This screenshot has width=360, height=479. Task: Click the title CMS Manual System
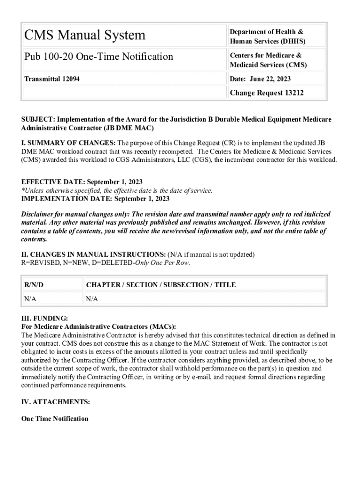tap(85, 35)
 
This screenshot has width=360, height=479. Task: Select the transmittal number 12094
tap(71, 79)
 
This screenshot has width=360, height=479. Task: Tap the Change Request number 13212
tap(294, 93)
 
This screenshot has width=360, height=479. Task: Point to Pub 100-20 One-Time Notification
tap(99, 57)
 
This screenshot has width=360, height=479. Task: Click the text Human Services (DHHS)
tap(267, 41)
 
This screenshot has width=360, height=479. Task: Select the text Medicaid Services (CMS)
tap(268, 65)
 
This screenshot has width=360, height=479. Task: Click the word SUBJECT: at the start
tap(39, 119)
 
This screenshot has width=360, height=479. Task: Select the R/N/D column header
tap(34, 285)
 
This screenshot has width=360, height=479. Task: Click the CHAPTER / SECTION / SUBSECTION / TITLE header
tap(161, 285)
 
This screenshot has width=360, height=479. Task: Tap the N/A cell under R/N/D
tap(30, 299)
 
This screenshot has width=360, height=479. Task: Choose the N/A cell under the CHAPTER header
tap(92, 299)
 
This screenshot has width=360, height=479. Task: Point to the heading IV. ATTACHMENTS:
tap(56, 402)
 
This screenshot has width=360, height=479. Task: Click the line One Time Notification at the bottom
tap(55, 419)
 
